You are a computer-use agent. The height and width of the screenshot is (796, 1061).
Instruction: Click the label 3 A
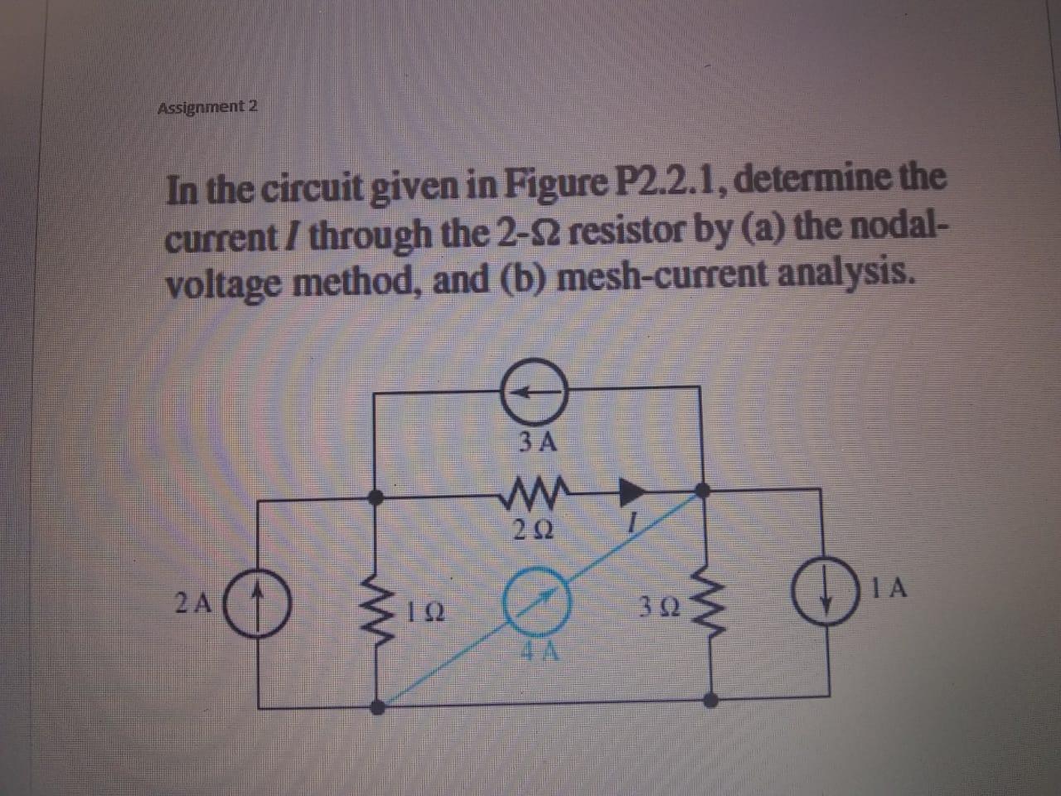(x=537, y=442)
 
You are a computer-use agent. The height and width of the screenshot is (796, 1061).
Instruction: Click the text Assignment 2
(x=207, y=107)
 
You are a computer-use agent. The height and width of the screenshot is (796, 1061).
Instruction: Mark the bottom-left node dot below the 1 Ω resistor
(x=377, y=708)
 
